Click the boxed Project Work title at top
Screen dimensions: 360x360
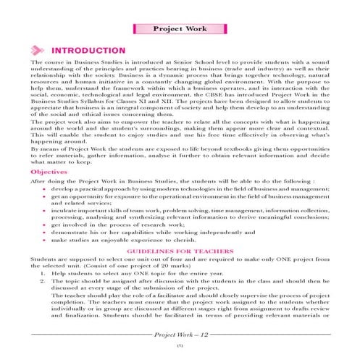click(180, 30)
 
